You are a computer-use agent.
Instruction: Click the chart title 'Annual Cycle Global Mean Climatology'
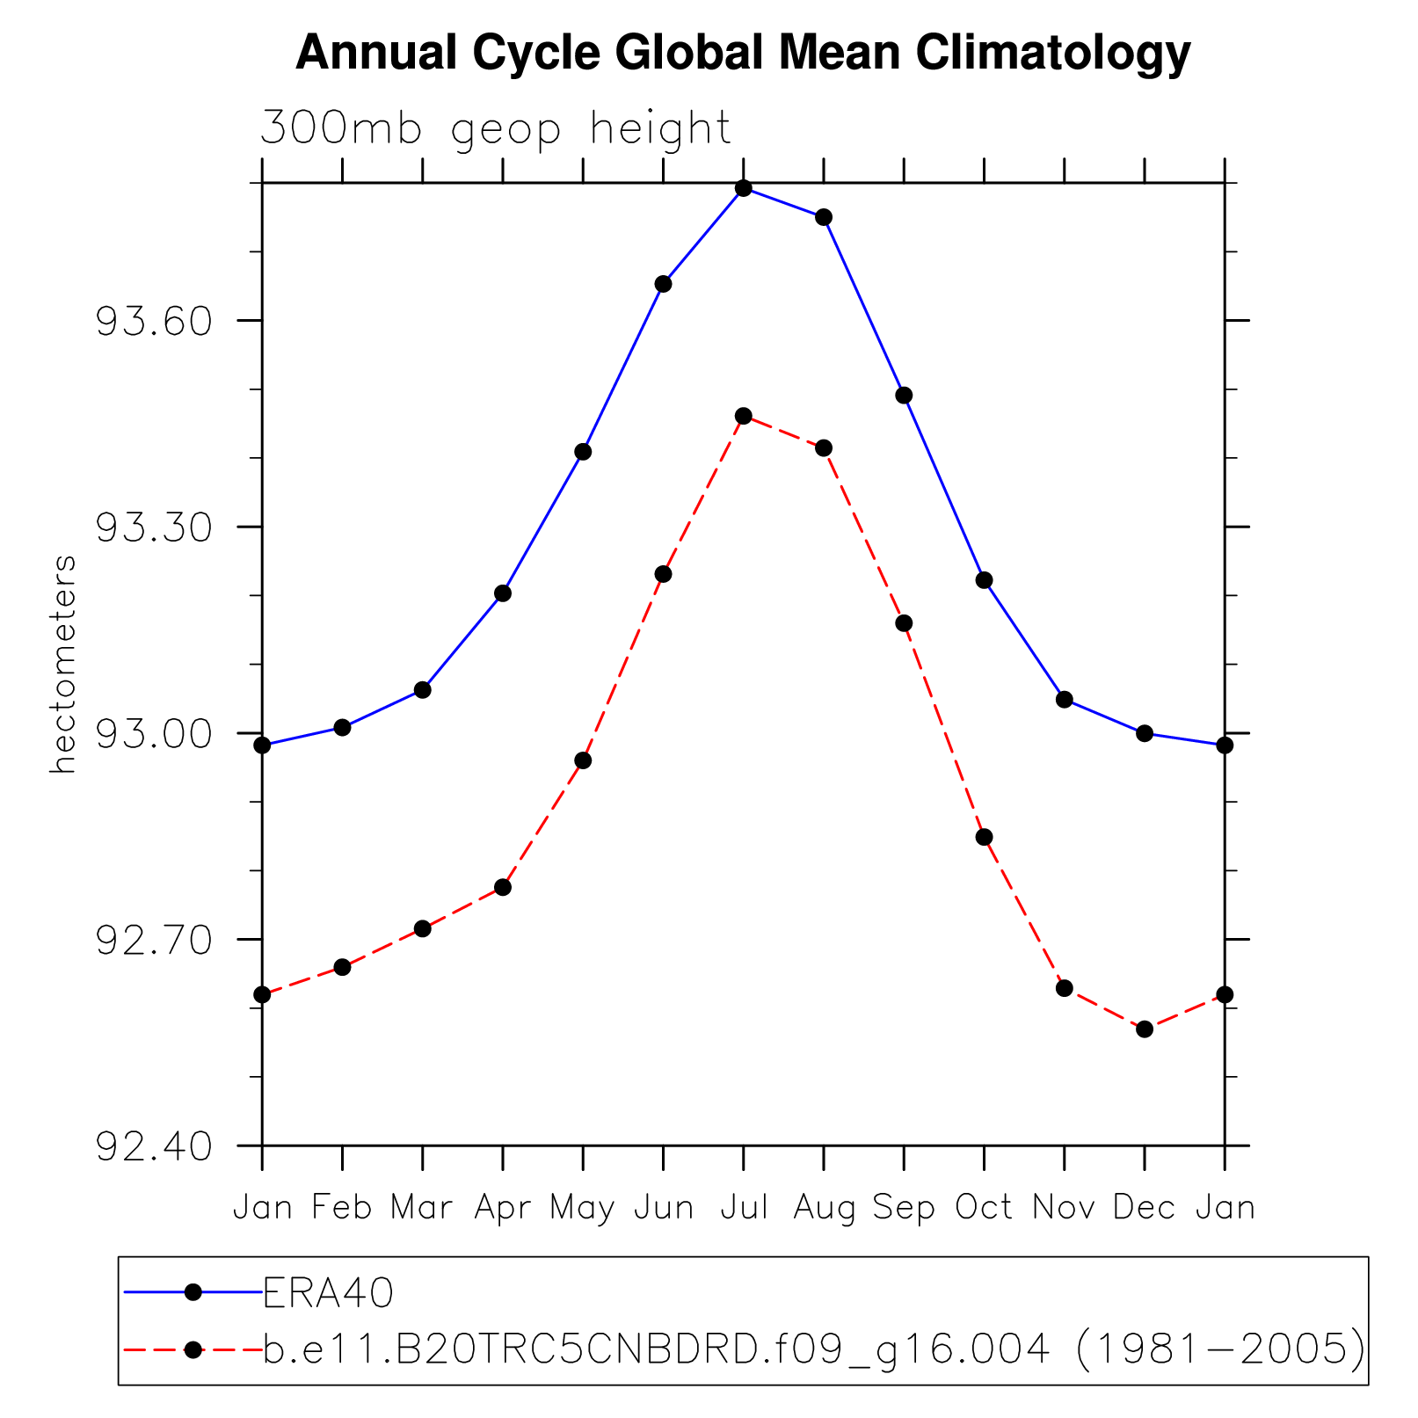743,53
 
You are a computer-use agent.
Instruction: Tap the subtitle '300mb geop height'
495,128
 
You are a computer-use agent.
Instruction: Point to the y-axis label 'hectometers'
63,665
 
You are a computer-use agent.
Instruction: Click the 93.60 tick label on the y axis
154,322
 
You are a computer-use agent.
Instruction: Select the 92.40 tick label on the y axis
154,1146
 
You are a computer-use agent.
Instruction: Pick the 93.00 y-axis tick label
154,734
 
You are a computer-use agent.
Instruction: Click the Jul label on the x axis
744,1207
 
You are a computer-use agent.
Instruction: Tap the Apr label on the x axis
503,1209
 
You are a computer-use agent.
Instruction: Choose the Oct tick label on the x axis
984,1207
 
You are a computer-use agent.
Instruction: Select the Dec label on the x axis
1144,1207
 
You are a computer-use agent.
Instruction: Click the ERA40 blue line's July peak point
744,188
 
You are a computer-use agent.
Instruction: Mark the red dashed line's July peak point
744,416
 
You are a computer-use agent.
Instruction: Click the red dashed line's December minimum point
1144,1029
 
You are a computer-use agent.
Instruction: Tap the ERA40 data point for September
904,395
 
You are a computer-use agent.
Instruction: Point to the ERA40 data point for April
503,593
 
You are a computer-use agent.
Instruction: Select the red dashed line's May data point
583,760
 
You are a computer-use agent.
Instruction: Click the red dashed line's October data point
984,837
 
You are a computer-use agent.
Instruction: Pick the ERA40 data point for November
1064,700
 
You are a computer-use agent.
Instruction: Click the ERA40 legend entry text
327,1292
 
